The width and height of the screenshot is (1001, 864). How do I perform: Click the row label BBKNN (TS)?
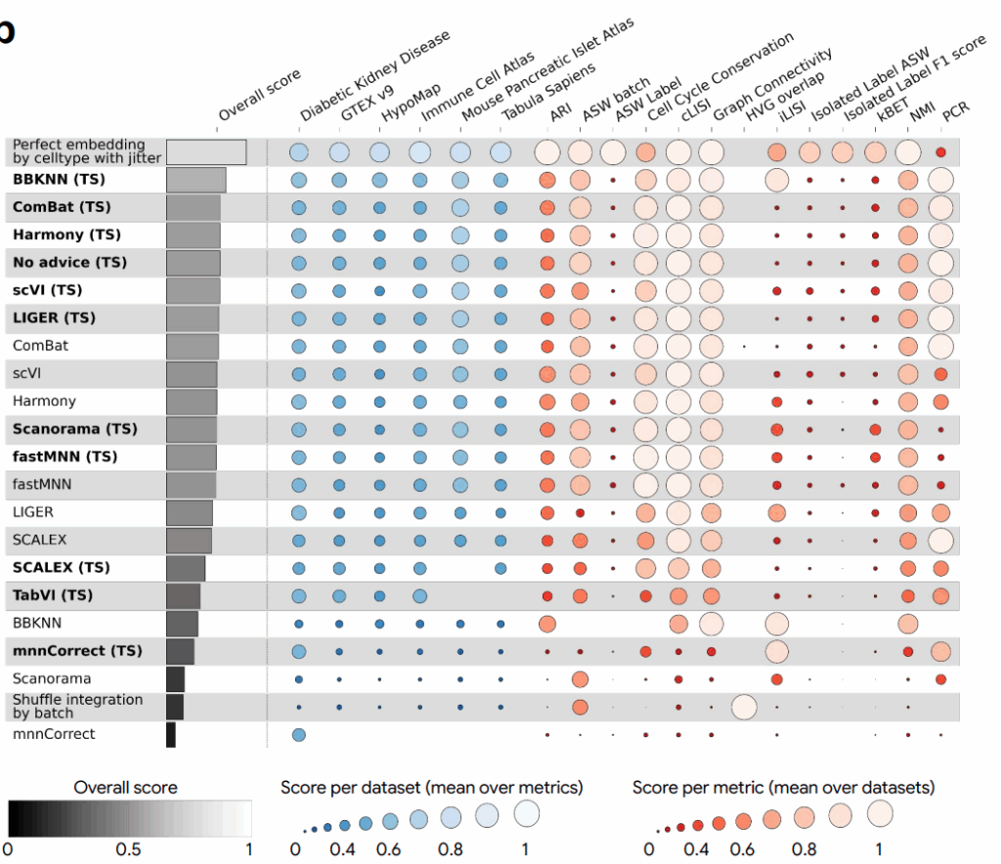(59, 180)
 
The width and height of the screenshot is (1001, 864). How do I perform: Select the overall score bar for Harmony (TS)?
(194, 236)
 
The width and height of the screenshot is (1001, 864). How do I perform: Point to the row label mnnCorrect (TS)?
(77, 651)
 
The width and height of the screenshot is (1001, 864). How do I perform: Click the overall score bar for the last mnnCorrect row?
(171, 734)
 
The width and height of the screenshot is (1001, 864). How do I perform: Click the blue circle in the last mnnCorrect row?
(299, 734)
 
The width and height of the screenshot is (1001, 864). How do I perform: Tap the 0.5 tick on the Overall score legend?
(128, 849)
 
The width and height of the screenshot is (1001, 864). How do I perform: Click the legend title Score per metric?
(783, 788)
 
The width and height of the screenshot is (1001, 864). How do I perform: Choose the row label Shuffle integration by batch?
(77, 706)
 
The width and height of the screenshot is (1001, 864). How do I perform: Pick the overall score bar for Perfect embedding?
(206, 152)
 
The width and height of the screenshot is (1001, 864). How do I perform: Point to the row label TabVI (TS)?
(53, 595)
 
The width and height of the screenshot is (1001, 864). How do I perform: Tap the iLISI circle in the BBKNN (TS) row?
(776, 180)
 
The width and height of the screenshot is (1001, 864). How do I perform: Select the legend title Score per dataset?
(431, 788)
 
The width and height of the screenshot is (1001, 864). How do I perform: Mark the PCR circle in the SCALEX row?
(940, 540)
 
